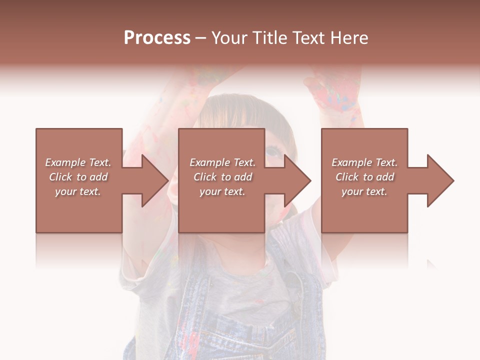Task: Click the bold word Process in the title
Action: (x=157, y=38)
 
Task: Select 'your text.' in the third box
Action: (x=364, y=191)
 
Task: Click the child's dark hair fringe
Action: (x=235, y=112)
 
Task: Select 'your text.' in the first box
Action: (x=77, y=191)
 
